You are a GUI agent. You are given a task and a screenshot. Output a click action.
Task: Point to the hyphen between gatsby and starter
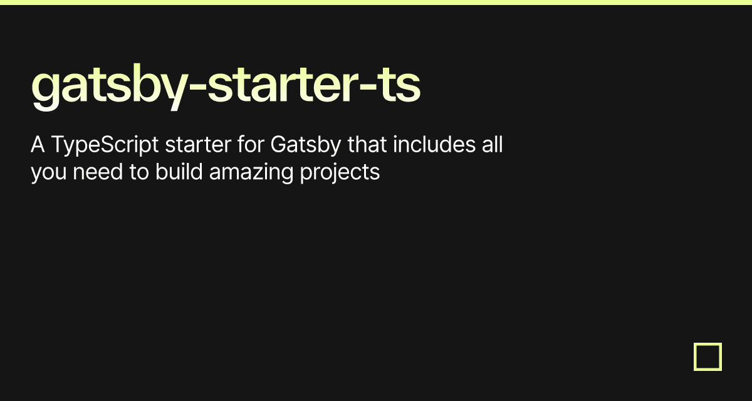tap(196, 88)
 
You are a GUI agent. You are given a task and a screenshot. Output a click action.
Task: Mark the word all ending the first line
tap(492, 145)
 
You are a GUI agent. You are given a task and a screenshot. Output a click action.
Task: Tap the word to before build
tap(139, 171)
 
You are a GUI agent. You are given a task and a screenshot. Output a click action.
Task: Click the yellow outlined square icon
tap(708, 357)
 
